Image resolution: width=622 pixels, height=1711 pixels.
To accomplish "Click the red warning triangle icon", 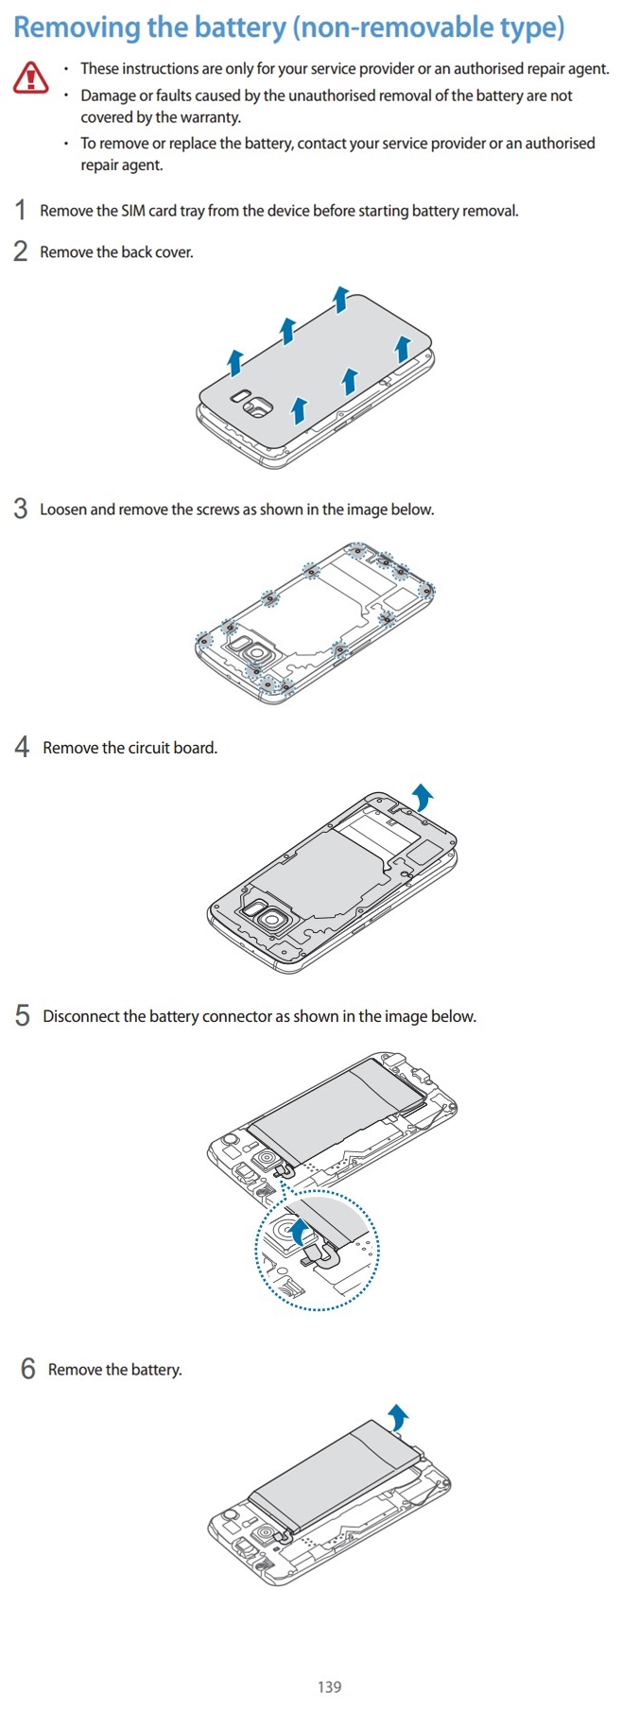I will click(x=30, y=78).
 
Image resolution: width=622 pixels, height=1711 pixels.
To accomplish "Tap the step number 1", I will click(x=21, y=210).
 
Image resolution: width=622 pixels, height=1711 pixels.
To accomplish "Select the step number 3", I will click(x=21, y=510).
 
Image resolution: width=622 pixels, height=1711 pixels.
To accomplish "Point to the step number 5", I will click(x=23, y=1016).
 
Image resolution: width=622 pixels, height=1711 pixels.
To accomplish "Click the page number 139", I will click(x=329, y=1686).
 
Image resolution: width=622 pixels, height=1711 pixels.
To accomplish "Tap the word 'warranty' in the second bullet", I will click(x=209, y=117).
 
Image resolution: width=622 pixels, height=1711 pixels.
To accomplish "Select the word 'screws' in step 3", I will click(x=217, y=510).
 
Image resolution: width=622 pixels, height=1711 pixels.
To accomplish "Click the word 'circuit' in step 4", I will click(x=148, y=748).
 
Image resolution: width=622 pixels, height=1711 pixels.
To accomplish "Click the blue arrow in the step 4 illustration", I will click(x=422, y=796).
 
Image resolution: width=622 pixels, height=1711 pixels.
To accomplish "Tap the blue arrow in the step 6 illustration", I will click(x=399, y=1417).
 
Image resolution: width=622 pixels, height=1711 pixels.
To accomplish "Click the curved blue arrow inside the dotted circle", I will click(x=300, y=1232).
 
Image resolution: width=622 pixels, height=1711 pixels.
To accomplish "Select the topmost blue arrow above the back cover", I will click(x=340, y=298).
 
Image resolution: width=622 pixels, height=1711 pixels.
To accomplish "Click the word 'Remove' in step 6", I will click(x=75, y=1370).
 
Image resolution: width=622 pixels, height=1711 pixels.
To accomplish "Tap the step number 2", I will click(x=21, y=251).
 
